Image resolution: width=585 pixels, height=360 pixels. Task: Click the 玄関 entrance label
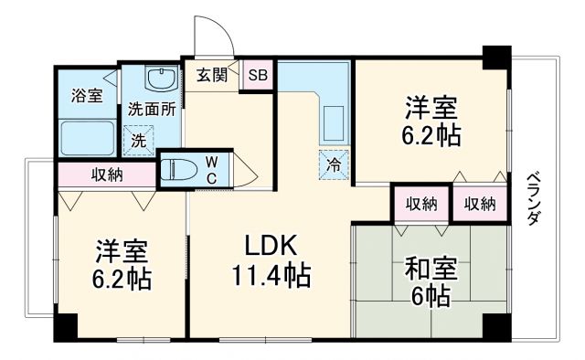point(212,76)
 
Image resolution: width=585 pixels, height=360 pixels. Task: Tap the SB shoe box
point(257,76)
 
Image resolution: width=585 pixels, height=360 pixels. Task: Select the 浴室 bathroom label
point(88,95)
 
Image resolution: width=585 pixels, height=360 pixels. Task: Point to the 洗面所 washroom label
point(151,106)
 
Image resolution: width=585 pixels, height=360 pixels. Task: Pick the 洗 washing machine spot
point(138,141)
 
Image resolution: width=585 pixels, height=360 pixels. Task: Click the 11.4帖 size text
point(271,274)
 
